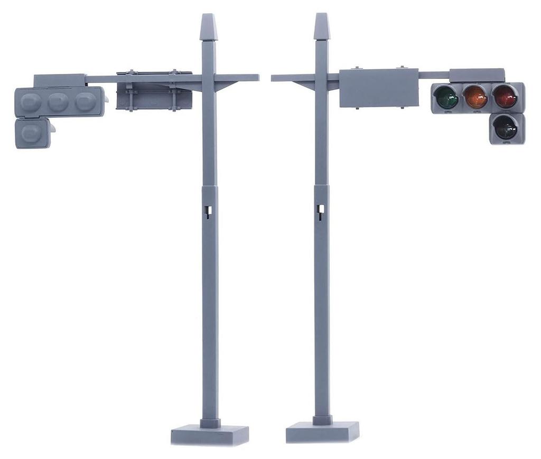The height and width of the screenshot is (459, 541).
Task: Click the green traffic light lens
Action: [x=446, y=98]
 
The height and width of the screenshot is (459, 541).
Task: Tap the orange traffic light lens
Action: [x=476, y=98]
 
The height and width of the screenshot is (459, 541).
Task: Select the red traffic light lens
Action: [x=506, y=97]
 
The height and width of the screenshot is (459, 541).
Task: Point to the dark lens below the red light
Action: [x=506, y=128]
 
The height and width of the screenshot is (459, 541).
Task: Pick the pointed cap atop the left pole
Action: [x=209, y=28]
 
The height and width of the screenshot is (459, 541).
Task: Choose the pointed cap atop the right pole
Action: [x=322, y=27]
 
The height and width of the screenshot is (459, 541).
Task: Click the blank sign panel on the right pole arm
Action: [x=378, y=88]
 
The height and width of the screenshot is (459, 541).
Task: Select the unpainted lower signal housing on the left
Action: [x=33, y=133]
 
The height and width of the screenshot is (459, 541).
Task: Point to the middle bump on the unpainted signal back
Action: [x=58, y=101]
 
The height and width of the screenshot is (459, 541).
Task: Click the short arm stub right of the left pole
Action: [x=238, y=78]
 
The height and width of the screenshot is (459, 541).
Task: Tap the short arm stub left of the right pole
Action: [x=292, y=78]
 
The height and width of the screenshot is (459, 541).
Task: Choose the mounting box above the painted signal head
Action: [x=477, y=75]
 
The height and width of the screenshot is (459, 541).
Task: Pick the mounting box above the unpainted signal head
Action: [x=59, y=80]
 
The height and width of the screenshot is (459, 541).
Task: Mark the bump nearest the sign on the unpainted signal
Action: [x=85, y=101]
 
